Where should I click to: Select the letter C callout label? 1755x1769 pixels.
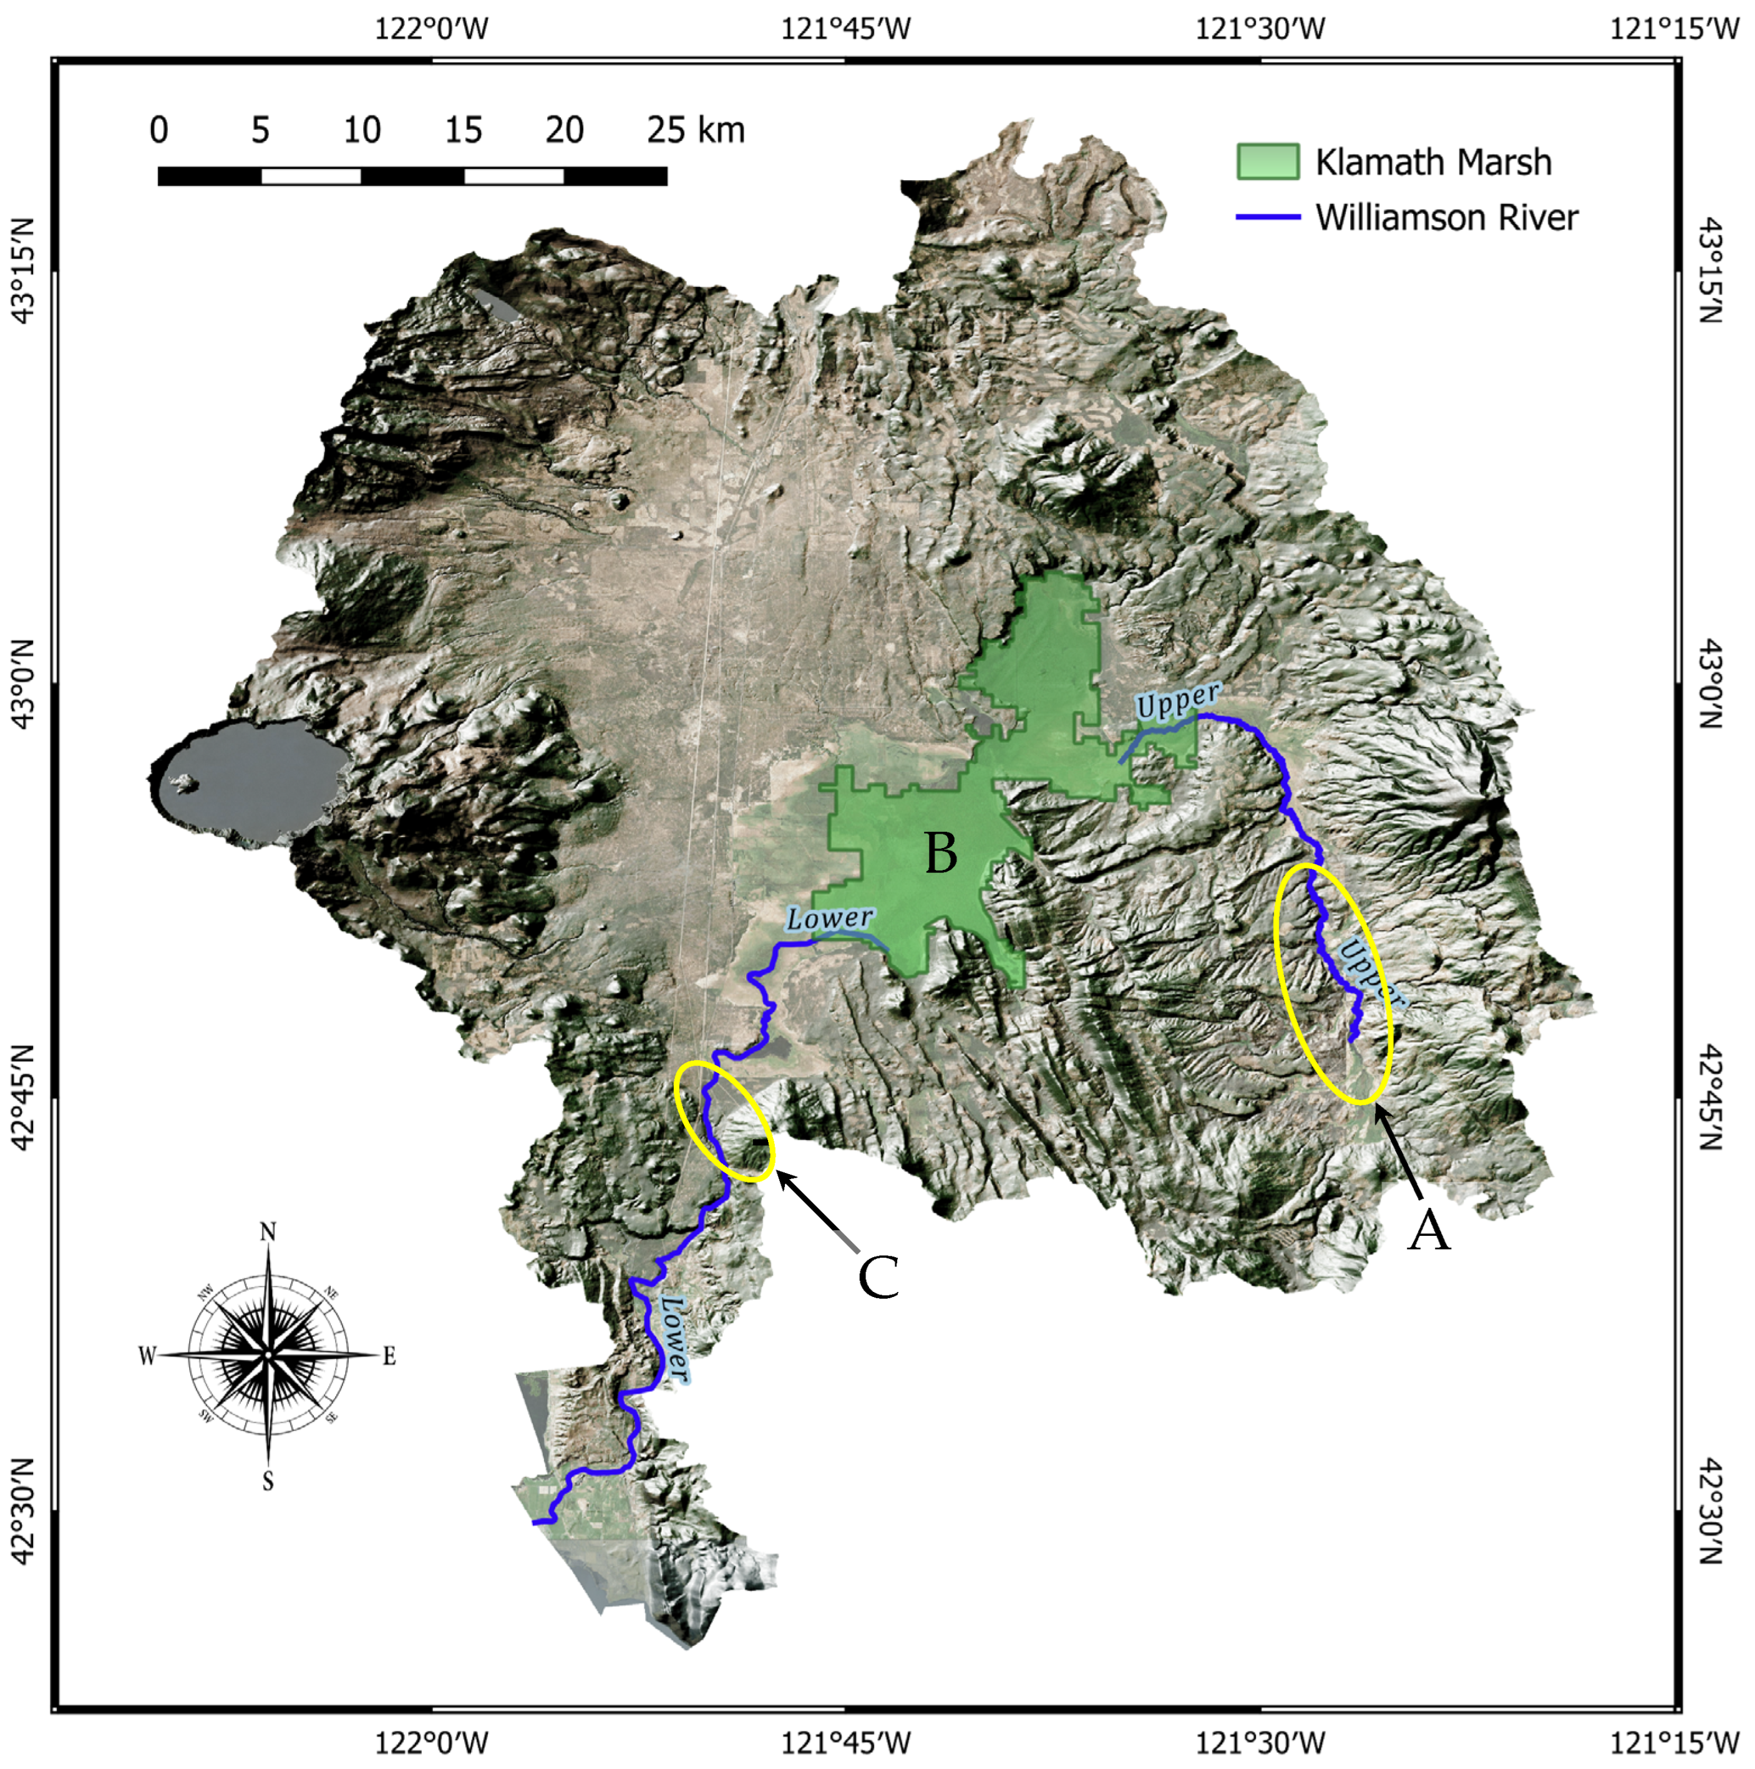[x=877, y=1276]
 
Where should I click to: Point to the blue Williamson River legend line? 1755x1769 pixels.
[x=1268, y=218]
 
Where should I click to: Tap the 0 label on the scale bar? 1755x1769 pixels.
[x=158, y=131]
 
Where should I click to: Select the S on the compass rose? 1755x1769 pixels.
[x=268, y=1480]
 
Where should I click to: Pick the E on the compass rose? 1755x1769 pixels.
[x=389, y=1356]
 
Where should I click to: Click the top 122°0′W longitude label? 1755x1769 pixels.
[x=432, y=29]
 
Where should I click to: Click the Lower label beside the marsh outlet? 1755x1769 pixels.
[x=830, y=917]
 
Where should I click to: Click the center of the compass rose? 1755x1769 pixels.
[x=268, y=1354]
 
